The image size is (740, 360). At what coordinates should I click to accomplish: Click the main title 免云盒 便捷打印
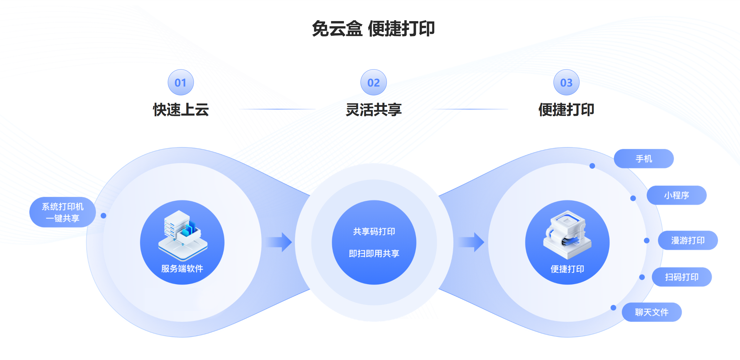point(373,29)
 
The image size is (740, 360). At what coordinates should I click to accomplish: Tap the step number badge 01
point(181,82)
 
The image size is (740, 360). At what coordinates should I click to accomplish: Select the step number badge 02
point(373,82)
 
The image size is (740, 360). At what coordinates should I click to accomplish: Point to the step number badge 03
point(566,82)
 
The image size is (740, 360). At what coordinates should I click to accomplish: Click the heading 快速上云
point(181,110)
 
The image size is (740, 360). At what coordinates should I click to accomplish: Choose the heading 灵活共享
point(373,110)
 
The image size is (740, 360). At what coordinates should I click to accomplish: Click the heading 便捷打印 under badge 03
point(566,110)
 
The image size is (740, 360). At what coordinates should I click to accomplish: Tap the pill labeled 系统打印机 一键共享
point(62,212)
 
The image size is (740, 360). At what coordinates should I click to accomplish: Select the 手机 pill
point(644,159)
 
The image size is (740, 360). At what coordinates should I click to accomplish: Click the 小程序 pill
point(676,195)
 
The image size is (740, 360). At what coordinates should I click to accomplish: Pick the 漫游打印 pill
point(687,241)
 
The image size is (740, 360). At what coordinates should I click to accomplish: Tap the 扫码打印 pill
point(682,277)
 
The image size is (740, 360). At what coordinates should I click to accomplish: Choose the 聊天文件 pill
point(651,312)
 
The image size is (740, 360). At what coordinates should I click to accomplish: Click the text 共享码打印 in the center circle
point(374,231)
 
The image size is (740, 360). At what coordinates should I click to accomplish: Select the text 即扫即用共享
point(374,253)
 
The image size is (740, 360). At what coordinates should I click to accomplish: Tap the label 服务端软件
point(182,268)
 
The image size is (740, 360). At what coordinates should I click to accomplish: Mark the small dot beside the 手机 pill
point(592,166)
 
